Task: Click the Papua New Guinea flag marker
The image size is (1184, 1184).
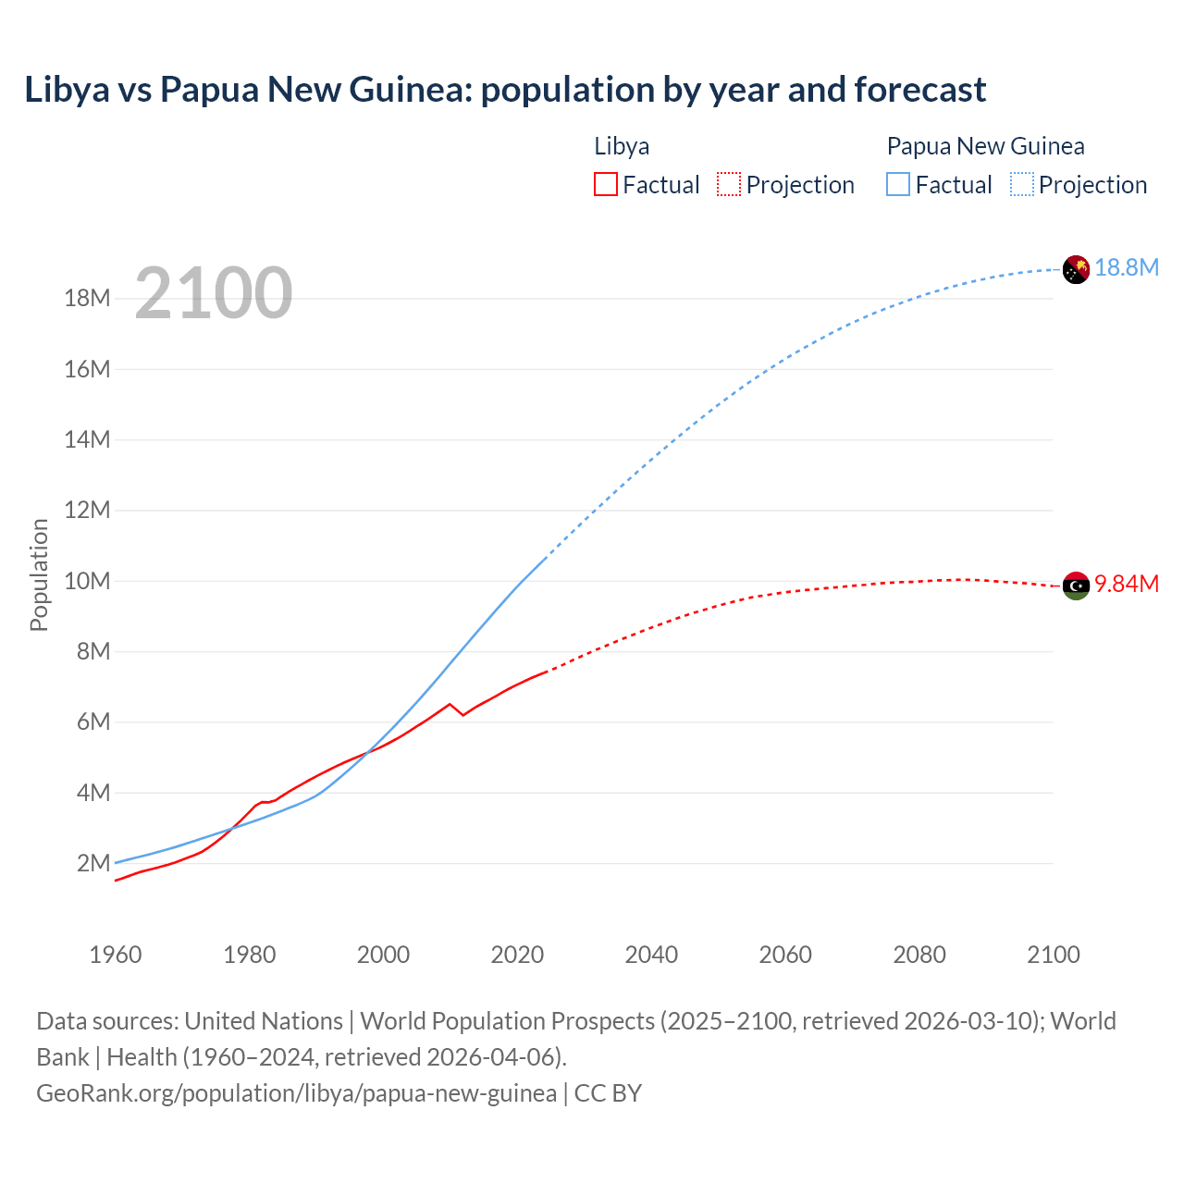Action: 1076,269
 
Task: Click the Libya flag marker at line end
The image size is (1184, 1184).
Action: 1076,586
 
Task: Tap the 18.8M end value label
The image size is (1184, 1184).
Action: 1127,268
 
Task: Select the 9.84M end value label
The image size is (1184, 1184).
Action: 1127,585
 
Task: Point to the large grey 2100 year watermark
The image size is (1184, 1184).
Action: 214,294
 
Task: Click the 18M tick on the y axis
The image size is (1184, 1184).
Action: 87,299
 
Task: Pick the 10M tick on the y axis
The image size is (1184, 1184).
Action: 87,582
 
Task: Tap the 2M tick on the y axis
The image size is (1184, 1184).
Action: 93,864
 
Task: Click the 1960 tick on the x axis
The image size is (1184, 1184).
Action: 116,955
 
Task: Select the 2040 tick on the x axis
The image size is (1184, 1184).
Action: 651,955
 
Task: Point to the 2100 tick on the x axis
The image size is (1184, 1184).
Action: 1053,955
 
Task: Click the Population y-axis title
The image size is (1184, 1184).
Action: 39,574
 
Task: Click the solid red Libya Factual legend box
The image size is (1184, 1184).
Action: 605,185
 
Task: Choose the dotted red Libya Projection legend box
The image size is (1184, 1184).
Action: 729,185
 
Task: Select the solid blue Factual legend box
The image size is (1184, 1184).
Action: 898,185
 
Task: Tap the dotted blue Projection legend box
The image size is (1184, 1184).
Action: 1022,185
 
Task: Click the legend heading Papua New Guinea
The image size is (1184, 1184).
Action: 985,146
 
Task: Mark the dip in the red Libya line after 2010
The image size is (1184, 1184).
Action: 462,714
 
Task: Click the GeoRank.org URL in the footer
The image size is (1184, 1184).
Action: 296,1093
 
